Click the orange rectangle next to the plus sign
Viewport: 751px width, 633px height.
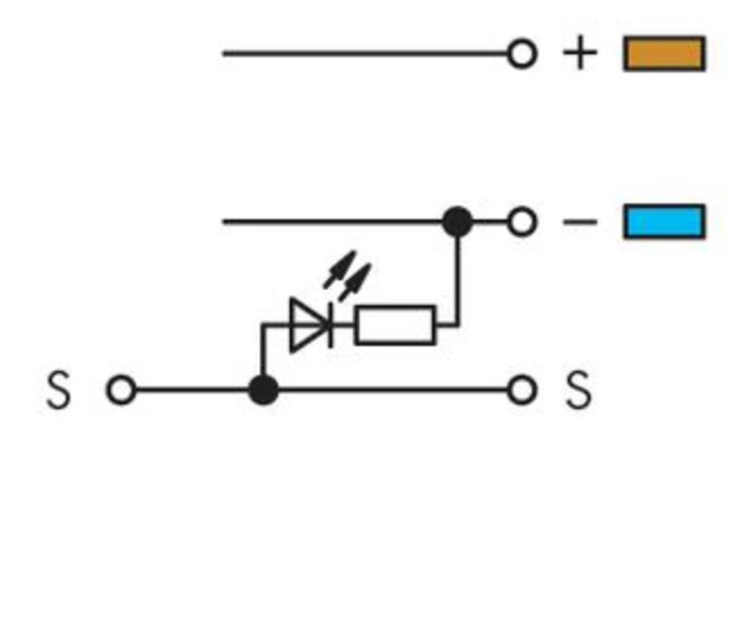click(664, 54)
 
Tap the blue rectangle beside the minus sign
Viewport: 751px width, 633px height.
click(664, 222)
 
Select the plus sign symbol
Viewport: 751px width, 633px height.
click(580, 54)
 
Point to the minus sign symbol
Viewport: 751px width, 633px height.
click(580, 222)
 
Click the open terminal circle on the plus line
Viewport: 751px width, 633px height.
click(522, 54)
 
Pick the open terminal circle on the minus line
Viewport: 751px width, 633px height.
click(522, 222)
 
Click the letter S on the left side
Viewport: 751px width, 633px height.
click(59, 390)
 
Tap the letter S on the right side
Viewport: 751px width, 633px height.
click(578, 390)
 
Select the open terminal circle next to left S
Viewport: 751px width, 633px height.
click(121, 390)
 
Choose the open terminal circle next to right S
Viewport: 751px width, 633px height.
click(522, 390)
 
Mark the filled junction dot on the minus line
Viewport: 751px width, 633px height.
click(457, 222)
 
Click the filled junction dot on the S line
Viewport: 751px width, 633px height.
click(263, 390)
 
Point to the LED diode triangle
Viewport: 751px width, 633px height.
click(308, 325)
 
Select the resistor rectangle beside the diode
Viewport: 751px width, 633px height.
click(395, 325)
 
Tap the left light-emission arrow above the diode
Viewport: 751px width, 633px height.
click(339, 270)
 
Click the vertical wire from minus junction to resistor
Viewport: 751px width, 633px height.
click(457, 278)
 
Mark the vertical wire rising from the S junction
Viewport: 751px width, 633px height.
click(263, 353)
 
